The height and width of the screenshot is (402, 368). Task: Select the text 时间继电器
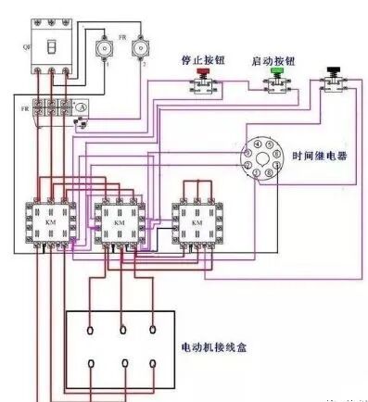tap(319, 157)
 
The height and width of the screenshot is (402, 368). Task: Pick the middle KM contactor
tap(120, 224)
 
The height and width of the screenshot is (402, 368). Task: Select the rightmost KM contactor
tap(196, 224)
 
